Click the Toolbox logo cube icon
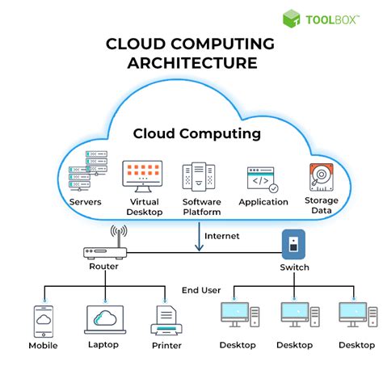[292, 19]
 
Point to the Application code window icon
[260, 179]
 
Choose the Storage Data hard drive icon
[319, 177]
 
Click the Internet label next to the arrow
[222, 236]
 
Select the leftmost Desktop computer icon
[237, 316]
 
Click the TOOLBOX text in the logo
[334, 19]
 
